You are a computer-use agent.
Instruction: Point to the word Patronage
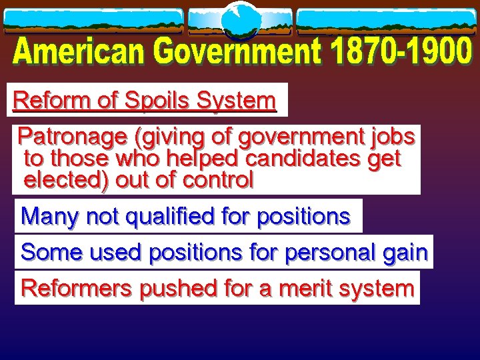click(73, 137)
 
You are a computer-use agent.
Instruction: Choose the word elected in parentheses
click(65, 180)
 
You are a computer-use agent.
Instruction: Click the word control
click(219, 180)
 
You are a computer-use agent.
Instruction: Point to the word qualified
click(153, 217)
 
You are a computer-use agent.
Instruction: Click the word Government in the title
click(228, 53)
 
